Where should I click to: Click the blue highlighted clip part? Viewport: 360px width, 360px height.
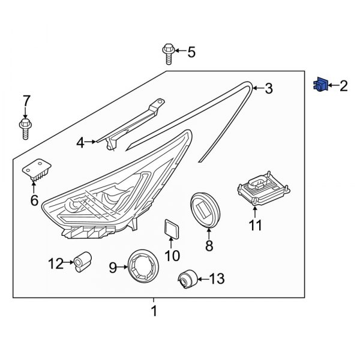pos(319,86)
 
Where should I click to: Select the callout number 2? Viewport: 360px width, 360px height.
pos(343,86)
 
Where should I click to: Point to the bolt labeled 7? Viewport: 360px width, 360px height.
pos(25,127)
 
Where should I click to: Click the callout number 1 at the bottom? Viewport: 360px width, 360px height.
pos(154,311)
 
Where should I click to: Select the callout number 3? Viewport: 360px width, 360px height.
pos(268,89)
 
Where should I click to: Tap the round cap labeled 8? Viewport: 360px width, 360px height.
pos(205,210)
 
